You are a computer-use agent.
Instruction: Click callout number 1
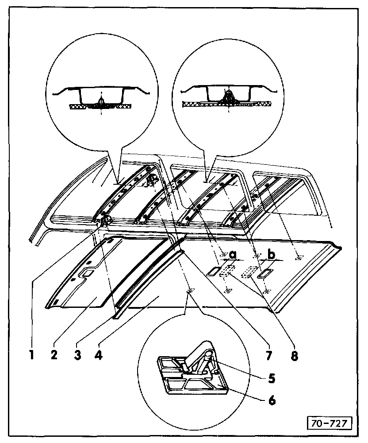click(32, 354)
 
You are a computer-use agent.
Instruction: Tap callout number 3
click(78, 354)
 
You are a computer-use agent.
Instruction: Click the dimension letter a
click(233, 255)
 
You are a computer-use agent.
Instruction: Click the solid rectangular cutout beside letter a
click(214, 271)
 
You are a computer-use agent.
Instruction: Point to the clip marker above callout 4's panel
click(190, 291)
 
